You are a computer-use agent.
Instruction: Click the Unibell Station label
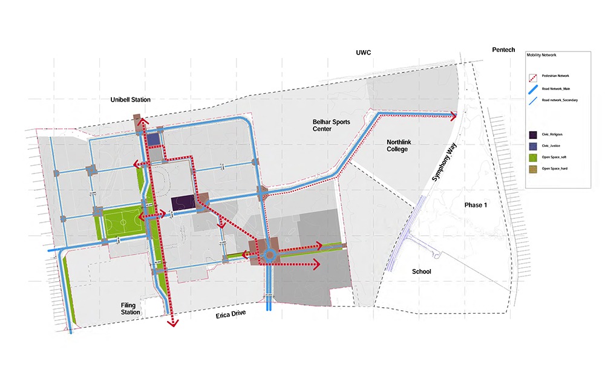click(130, 100)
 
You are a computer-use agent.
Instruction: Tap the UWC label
click(363, 53)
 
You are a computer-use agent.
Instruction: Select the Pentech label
click(503, 49)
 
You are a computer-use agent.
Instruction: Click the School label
click(421, 272)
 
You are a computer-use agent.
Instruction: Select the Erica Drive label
click(232, 316)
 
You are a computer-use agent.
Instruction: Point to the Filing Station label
click(130, 309)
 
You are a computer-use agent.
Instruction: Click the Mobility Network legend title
click(540, 54)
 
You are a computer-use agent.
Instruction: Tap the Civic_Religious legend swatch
click(533, 134)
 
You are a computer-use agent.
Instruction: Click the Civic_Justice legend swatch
click(533, 146)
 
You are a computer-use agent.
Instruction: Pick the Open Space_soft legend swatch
click(533, 157)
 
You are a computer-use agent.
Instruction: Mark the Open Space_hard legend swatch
click(533, 168)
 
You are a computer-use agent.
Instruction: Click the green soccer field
click(122, 223)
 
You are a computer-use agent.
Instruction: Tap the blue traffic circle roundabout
click(268, 255)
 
